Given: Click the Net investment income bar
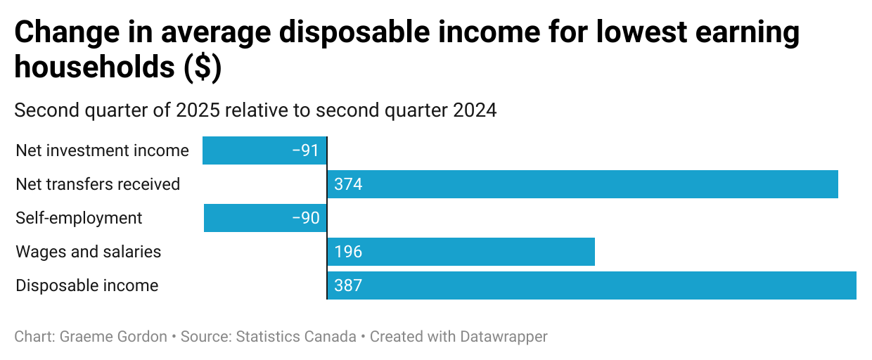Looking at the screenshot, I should click(x=264, y=150).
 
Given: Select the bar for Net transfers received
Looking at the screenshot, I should click(x=582, y=184).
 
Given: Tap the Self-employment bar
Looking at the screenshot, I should click(x=265, y=218).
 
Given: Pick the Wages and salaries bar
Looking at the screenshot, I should click(x=461, y=252).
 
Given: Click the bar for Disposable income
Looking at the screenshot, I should click(x=591, y=285).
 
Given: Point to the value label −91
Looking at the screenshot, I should click(x=305, y=150).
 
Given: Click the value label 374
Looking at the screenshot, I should click(x=348, y=184).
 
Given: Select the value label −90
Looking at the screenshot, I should click(x=305, y=218).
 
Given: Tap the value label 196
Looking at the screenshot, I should click(x=348, y=252).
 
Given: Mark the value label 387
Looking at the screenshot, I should click(x=348, y=285).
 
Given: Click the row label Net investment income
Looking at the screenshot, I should click(x=102, y=150).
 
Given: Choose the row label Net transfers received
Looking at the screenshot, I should click(x=98, y=184).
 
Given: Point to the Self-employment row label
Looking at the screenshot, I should click(x=79, y=218).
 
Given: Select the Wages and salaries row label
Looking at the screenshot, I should click(x=89, y=252).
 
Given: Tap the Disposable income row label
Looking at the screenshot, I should click(x=87, y=285).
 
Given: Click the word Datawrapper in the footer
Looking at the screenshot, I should click(x=503, y=337).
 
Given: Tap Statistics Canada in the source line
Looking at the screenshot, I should click(x=296, y=337).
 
